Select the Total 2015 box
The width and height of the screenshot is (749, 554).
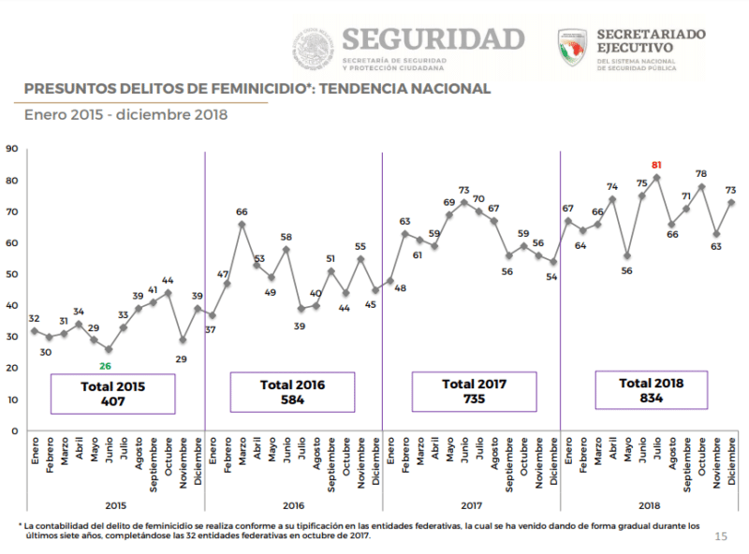pos(112,393)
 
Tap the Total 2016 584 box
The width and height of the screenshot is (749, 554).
pos(293,391)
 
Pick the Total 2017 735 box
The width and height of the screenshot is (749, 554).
pos(474,391)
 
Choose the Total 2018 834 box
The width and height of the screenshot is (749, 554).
pos(651,390)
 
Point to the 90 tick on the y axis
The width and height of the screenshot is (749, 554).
pos(11,149)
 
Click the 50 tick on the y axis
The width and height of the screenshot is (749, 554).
pos(11,274)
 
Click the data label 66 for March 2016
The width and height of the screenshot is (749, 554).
pos(241,211)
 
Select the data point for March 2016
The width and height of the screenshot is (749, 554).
pos(242,224)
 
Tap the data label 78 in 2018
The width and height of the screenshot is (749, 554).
pos(700,174)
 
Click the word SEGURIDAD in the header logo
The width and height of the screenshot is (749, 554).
pos(433,38)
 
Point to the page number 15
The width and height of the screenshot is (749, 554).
pos(720,536)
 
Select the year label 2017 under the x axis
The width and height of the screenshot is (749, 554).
pos(471,503)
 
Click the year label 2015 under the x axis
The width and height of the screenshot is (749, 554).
pos(115,503)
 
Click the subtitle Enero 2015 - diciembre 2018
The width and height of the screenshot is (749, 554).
pos(125,115)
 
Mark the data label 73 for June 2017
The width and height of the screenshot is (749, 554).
pos(463,190)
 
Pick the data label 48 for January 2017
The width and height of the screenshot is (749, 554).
pos(400,288)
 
